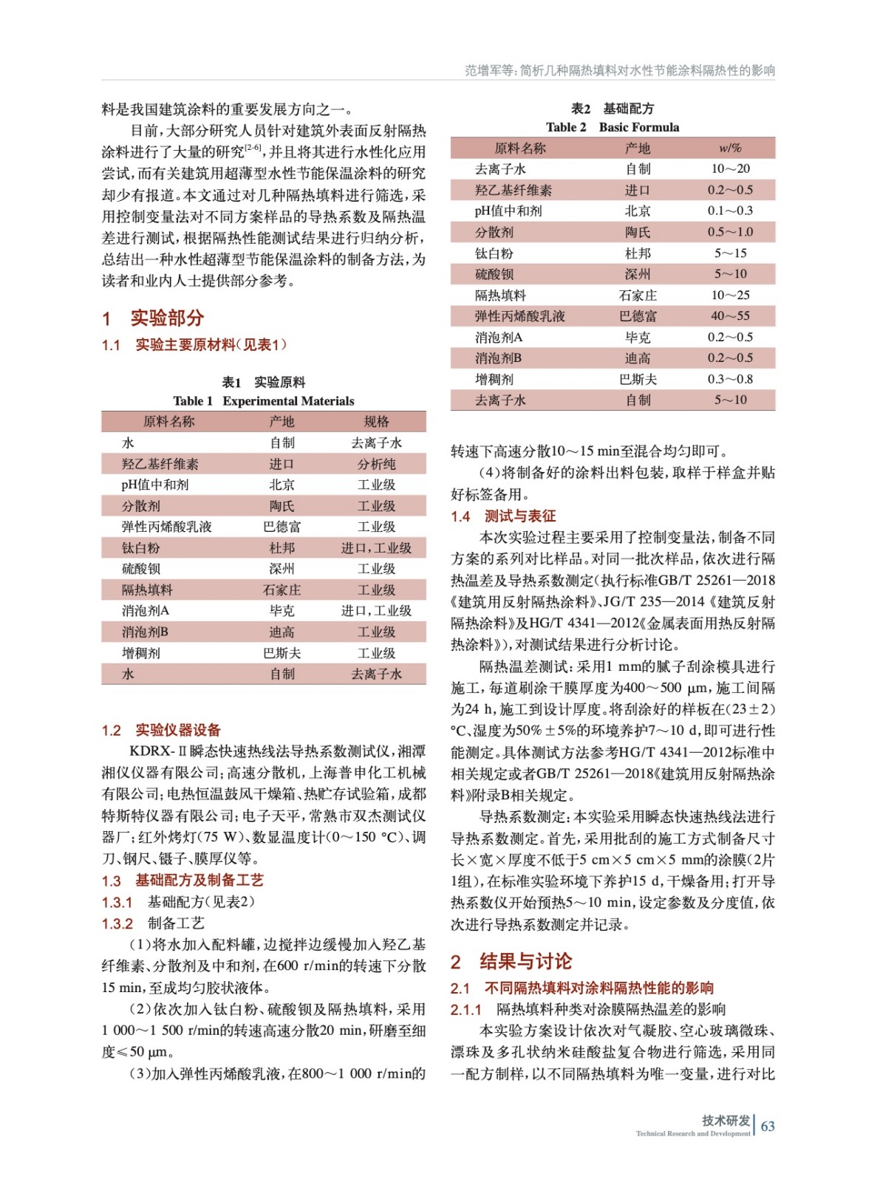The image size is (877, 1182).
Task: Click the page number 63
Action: pos(768,1126)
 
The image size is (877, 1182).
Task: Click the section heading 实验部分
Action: pos(167,318)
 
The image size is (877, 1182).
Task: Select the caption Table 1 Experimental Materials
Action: pos(264,401)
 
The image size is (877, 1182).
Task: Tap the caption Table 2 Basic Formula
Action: pos(612,127)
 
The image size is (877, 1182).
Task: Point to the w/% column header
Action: pos(730,148)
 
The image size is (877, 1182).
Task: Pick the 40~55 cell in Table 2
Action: pos(730,316)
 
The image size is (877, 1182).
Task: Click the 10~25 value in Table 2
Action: pos(730,295)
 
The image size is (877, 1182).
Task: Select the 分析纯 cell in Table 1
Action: pos(376,464)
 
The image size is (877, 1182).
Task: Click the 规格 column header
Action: pos(376,422)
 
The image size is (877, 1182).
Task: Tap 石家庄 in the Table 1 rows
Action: pos(281,590)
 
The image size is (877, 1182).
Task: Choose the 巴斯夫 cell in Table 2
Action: pos(638,379)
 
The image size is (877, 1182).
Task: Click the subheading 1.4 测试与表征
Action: pos(503,516)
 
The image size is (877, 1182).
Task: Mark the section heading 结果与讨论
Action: pos(525,961)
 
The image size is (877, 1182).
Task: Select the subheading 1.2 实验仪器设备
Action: pos(161,730)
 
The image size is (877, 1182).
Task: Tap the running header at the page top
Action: pos(619,70)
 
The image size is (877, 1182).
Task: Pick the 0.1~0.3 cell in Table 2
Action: pos(730,211)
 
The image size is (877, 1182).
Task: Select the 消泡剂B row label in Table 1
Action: pos(145,632)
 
